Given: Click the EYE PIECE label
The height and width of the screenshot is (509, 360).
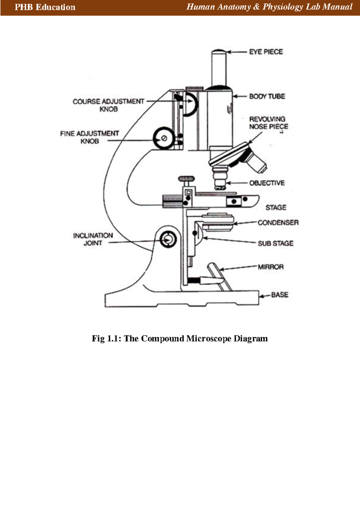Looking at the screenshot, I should tap(266, 52).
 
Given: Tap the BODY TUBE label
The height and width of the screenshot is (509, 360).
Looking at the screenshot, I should tap(267, 96).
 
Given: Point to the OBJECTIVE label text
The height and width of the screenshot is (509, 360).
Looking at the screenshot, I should tap(267, 183).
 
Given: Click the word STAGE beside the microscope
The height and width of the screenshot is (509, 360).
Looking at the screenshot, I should tap(276, 207).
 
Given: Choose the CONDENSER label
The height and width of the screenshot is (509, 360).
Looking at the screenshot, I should tap(278, 223).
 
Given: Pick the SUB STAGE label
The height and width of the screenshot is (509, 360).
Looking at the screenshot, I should tap(275, 243).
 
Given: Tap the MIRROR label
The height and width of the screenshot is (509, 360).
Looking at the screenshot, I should tap(271, 267).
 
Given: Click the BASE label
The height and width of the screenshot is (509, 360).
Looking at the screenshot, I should tap(280, 295).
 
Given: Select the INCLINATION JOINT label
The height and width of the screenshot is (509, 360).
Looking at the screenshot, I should tap(93, 239).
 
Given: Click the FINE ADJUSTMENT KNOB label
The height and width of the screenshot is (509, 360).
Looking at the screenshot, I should tap(89, 137).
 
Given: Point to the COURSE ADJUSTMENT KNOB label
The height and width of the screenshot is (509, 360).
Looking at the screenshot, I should tap(108, 105).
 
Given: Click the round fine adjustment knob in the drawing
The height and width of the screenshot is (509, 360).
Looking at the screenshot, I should tap(163, 138).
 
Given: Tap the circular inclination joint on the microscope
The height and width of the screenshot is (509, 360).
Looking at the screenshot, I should tap(168, 239).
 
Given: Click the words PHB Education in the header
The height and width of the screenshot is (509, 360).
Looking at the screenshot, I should tap(45, 7).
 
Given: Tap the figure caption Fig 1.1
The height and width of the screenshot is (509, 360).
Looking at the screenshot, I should tap(180, 339).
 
